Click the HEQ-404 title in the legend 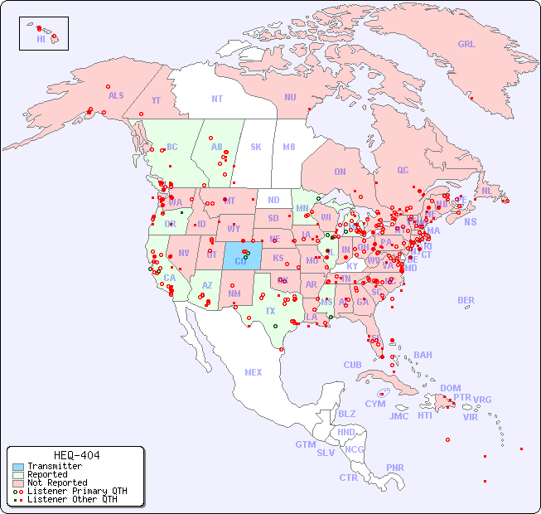tap(76, 455)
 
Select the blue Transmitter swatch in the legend tap(17, 467)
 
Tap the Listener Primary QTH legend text tap(77, 491)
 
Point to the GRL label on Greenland tap(466, 45)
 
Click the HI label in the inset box tap(41, 39)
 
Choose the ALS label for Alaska tap(116, 95)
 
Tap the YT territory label tap(156, 100)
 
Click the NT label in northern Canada tap(217, 99)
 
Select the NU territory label tap(290, 97)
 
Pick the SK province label tap(256, 147)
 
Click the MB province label tap(289, 147)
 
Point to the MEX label tap(254, 372)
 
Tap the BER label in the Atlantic tap(466, 300)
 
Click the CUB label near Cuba tap(353, 365)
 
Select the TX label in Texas tap(270, 311)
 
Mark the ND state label tap(273, 200)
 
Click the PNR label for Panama tap(395, 468)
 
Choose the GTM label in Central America tap(305, 444)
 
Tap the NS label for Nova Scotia tap(471, 221)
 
